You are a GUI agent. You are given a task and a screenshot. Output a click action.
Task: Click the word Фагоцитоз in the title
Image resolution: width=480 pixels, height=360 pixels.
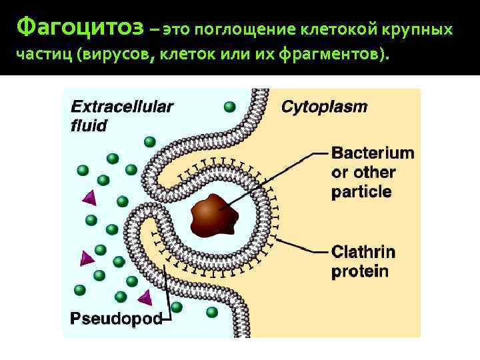[79, 28]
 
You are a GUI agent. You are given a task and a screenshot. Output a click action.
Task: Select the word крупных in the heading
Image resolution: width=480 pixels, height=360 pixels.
[419, 30]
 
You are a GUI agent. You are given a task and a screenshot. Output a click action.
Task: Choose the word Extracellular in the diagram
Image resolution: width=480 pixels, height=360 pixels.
[121, 106]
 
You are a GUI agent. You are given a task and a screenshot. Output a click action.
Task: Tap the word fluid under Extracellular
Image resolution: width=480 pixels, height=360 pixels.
[89, 125]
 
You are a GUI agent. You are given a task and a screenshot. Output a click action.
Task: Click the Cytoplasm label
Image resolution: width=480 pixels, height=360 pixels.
[324, 107]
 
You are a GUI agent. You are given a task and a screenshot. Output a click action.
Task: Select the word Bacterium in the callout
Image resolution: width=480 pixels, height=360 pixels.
[373, 153]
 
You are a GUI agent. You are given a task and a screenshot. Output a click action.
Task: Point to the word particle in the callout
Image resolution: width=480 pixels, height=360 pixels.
[361, 192]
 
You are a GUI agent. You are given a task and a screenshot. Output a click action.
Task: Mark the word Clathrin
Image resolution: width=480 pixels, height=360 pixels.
[363, 252]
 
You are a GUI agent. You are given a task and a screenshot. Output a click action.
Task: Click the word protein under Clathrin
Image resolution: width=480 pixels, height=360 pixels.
[360, 271]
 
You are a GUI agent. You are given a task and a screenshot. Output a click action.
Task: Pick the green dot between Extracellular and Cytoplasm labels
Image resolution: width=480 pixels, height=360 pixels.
[229, 107]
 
